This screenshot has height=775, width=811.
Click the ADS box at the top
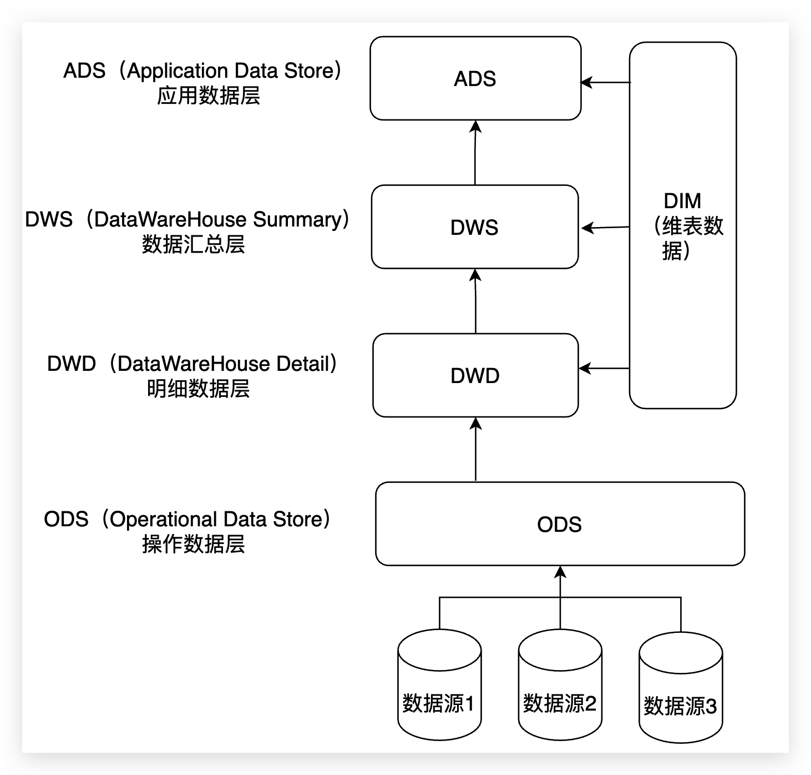coord(475,78)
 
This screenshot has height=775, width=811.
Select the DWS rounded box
coord(475,227)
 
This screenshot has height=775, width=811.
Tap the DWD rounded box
coord(475,375)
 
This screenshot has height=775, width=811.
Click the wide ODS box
coord(560,524)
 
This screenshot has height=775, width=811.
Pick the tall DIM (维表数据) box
coord(683,225)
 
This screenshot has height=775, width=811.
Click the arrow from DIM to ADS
coord(605,83)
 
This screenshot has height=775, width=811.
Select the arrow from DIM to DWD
coord(604,368)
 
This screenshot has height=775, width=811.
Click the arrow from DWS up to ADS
coord(475,153)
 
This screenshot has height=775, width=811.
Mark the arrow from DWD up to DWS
coord(476,301)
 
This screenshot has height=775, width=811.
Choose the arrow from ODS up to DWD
coord(476,450)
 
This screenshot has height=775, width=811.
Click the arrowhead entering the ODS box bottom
coord(560,572)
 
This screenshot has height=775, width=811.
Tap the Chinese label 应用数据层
coord(209,96)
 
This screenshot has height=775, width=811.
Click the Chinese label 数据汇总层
coord(193,244)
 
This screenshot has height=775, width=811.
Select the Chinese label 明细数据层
coord(198,389)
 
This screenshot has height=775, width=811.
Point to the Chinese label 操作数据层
coord(193,544)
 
